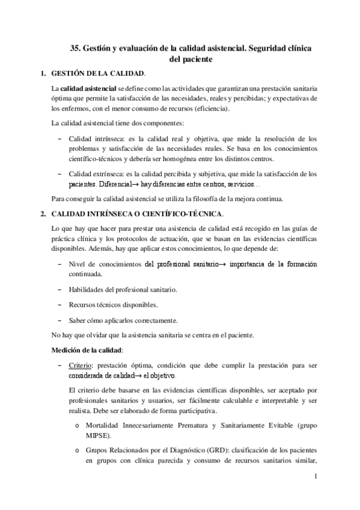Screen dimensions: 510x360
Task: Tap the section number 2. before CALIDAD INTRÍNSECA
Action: coord(42,214)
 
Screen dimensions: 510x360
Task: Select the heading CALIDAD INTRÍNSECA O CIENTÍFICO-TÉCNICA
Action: coord(138,214)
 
